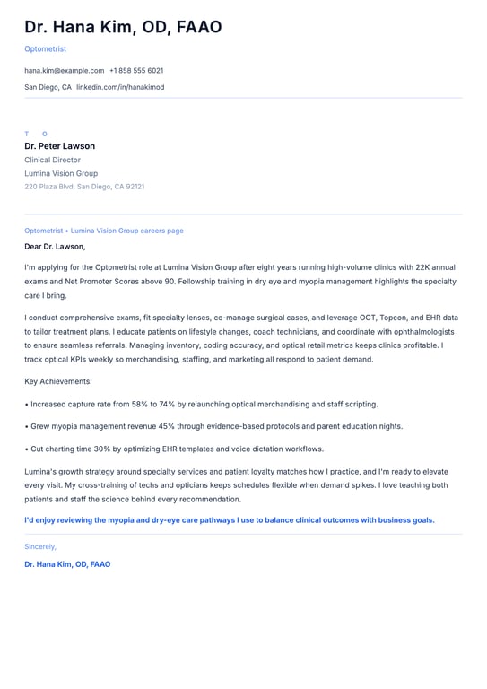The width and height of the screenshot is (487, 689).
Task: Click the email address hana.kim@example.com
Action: [65, 70]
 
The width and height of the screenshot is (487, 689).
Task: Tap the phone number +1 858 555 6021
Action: [136, 70]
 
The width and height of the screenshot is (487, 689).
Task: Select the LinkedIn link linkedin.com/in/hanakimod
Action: [120, 87]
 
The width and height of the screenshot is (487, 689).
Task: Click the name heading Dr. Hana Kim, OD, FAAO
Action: [123, 28]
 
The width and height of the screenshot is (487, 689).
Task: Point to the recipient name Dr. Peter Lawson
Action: [59, 146]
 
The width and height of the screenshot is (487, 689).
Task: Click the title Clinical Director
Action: [52, 160]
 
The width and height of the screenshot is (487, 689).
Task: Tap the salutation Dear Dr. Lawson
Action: [55, 246]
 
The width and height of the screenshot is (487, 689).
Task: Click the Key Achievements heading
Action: [58, 381]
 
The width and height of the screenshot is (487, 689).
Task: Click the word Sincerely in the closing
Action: [40, 546]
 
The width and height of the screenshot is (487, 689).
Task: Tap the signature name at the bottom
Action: [67, 564]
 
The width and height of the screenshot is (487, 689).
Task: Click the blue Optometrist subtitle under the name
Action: [45, 48]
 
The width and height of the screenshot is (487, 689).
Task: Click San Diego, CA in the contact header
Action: [48, 87]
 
